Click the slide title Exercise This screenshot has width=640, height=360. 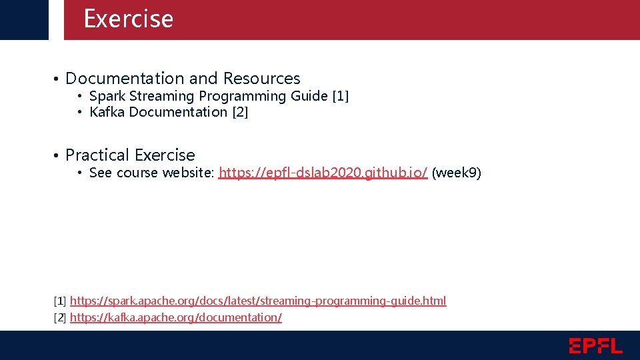click(x=128, y=19)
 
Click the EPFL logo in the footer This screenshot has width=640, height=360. click(x=595, y=346)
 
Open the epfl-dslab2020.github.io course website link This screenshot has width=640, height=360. click(x=323, y=173)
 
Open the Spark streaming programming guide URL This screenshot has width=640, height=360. click(x=258, y=301)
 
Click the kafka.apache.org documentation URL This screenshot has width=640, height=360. click(x=175, y=317)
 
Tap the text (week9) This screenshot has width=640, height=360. click(x=456, y=173)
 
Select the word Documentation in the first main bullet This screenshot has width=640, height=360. click(x=125, y=79)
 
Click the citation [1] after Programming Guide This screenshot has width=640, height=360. click(x=340, y=96)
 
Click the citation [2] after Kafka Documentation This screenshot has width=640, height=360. click(x=239, y=112)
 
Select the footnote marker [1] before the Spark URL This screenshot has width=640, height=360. click(x=60, y=301)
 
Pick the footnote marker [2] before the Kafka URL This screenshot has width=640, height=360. click(x=60, y=317)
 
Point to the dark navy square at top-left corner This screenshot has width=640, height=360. click(x=24, y=19)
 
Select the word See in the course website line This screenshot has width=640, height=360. click(x=101, y=173)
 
